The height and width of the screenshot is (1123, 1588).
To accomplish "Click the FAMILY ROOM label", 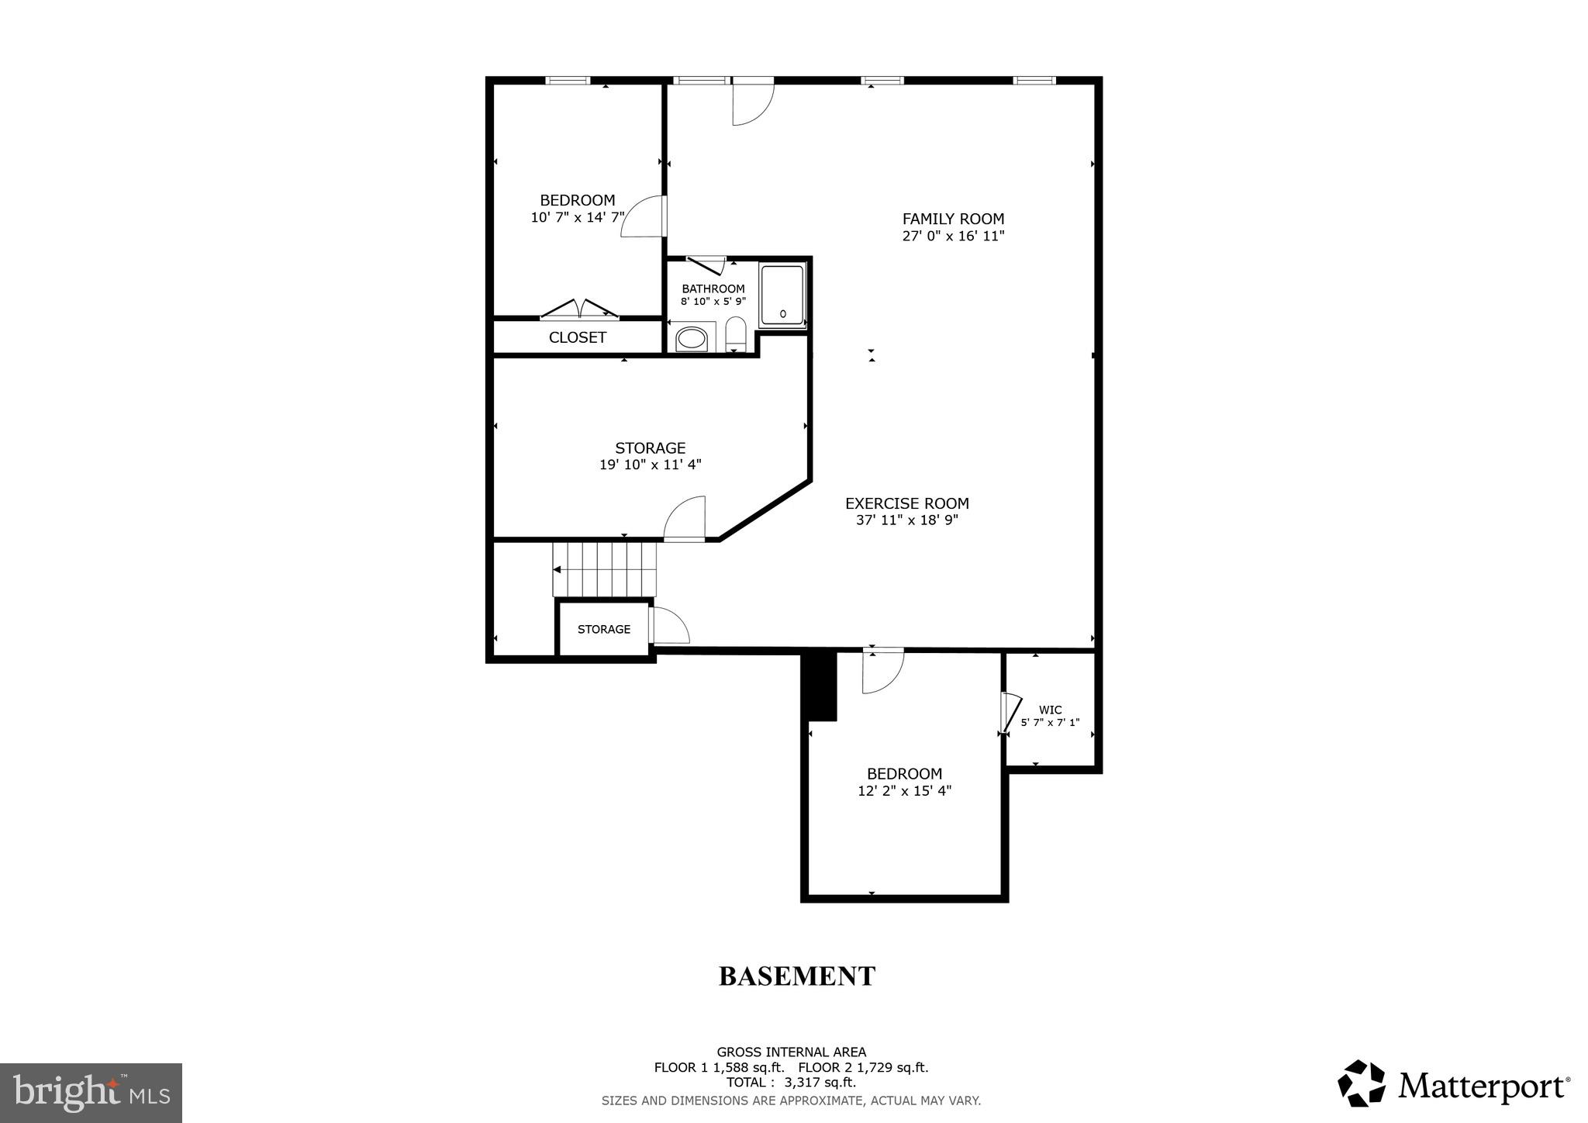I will (953, 219).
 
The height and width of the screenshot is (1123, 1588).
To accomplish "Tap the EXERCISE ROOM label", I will (906, 503).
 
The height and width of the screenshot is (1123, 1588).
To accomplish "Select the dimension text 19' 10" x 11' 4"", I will (650, 465).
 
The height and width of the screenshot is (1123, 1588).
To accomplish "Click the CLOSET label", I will (577, 337).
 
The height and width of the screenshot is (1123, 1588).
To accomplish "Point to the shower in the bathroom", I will (782, 295).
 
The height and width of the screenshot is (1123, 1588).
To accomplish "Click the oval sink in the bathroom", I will (692, 339).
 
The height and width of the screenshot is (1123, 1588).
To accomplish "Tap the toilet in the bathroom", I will (735, 335).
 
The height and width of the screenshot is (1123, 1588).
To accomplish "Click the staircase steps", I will (605, 569).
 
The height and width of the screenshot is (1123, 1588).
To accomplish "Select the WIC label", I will (1050, 710).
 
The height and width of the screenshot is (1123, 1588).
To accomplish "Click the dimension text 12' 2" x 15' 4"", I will (904, 791).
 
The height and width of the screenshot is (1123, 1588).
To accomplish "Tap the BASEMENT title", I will (797, 976).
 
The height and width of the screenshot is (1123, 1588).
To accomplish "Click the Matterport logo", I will (1453, 1083).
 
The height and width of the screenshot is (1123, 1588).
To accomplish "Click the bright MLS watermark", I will (91, 1093).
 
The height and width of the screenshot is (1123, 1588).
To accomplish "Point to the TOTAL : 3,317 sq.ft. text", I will (791, 1083).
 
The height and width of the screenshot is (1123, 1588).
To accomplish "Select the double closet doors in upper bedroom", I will (579, 309).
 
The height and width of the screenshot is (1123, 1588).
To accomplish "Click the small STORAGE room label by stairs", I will (604, 629).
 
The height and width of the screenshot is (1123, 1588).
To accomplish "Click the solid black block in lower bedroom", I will (820, 686).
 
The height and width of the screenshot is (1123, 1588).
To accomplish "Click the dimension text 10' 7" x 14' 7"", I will (577, 217).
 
